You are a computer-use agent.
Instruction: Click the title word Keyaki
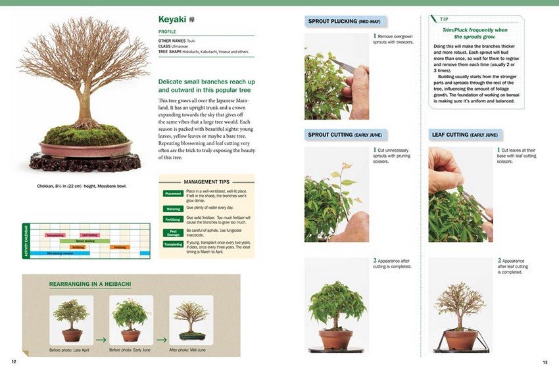[173, 20]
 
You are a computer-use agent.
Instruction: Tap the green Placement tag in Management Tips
[173, 193]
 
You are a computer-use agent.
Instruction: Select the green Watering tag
[173, 209]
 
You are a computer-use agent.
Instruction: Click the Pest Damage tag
[173, 232]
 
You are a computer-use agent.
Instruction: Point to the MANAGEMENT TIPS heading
[207, 181]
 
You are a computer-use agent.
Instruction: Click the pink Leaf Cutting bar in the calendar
[89, 235]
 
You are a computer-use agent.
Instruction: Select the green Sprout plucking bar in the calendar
[85, 241]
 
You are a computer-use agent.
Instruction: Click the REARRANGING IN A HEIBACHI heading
[90, 285]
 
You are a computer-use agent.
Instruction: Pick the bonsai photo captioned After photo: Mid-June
[191, 320]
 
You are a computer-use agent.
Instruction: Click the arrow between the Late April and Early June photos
[101, 340]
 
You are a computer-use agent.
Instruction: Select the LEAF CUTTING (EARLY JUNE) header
[464, 135]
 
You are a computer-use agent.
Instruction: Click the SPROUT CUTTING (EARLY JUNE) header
[345, 135]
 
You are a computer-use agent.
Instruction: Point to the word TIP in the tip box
[445, 20]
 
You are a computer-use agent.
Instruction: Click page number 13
[545, 362]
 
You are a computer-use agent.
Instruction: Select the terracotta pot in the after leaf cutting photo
[460, 340]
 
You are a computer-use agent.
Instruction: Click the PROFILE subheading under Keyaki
[167, 32]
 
